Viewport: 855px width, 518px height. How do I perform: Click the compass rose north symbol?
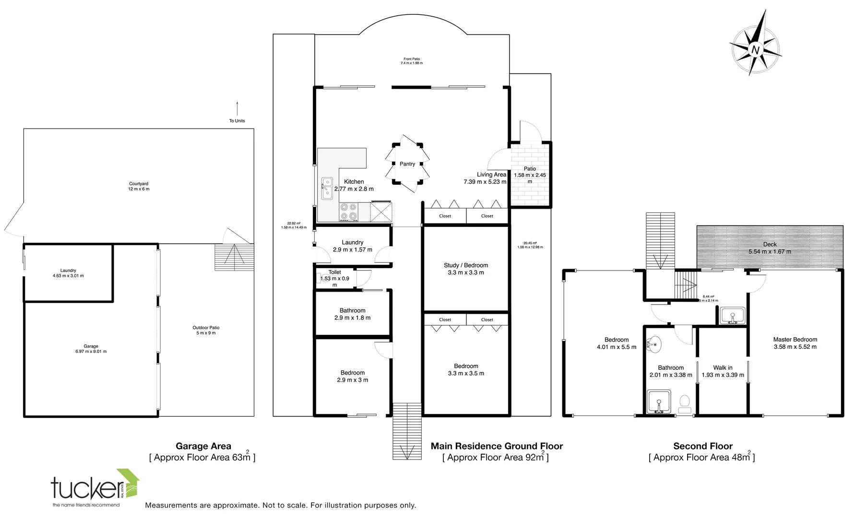point(756,49)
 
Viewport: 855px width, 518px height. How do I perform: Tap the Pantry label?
point(407,164)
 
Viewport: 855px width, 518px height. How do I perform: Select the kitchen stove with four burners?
point(349,212)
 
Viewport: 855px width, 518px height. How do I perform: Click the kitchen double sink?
point(327,188)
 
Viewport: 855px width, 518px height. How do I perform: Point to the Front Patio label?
point(412,59)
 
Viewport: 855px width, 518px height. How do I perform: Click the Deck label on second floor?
point(770,245)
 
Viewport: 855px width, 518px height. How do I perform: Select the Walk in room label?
point(723,367)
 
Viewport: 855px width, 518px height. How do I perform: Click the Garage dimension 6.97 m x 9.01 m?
point(91,352)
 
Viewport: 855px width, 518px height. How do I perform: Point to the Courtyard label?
point(139,184)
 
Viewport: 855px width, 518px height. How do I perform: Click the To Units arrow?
point(237,109)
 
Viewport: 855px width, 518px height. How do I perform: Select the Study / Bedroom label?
point(465,265)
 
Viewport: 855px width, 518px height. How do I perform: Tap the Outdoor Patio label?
point(206,328)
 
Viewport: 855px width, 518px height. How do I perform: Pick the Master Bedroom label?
point(795,340)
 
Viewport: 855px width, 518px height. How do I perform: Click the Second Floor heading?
point(702,446)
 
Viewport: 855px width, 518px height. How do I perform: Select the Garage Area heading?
point(203,446)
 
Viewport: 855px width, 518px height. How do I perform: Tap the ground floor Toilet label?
point(334,272)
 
